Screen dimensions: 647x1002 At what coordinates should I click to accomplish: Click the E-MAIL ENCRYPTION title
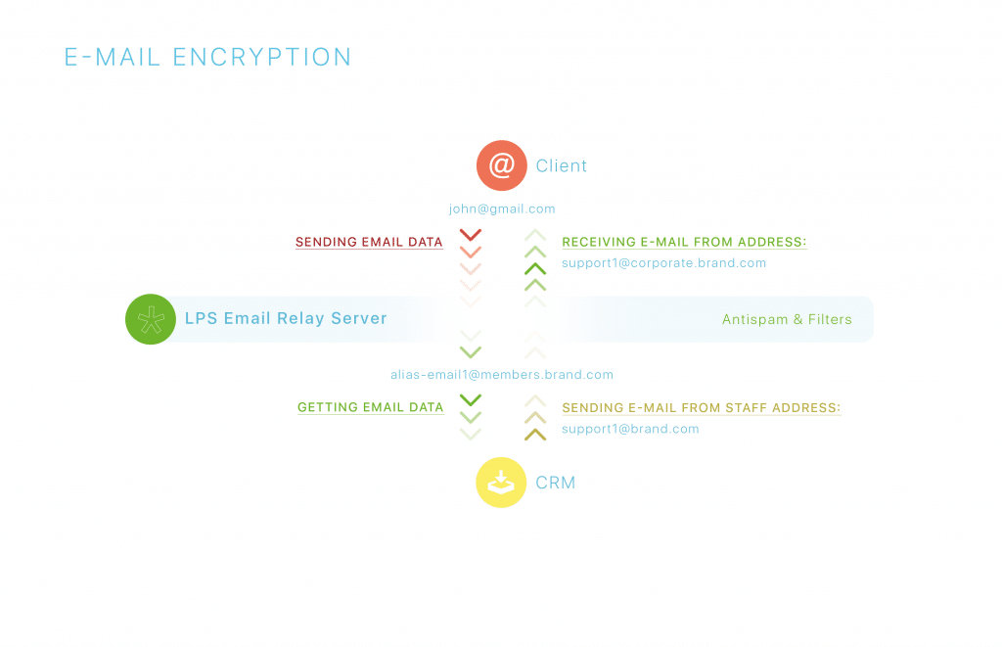(x=207, y=58)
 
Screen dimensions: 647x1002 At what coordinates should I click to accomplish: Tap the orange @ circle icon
(x=501, y=165)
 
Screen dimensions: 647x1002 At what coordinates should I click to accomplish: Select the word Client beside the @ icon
(x=562, y=166)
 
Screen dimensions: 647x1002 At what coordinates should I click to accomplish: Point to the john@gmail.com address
(x=502, y=208)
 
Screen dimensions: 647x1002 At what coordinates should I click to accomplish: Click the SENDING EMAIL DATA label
(x=369, y=242)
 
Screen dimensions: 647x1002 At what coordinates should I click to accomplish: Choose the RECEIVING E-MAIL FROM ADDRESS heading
(x=684, y=242)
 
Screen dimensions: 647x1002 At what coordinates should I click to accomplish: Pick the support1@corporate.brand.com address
(x=663, y=263)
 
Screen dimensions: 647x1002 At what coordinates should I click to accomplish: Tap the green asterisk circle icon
(x=151, y=319)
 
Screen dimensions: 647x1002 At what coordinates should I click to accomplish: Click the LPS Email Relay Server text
(x=286, y=318)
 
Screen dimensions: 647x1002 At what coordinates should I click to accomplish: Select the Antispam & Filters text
(x=787, y=319)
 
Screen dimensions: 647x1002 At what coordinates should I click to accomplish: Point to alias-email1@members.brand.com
(x=502, y=375)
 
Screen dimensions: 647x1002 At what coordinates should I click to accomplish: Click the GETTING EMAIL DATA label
(x=370, y=407)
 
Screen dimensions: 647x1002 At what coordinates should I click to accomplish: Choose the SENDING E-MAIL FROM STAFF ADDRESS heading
(x=701, y=407)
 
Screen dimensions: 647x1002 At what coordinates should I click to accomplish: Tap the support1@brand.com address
(x=630, y=429)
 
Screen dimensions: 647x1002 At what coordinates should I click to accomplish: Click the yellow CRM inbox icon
(x=501, y=483)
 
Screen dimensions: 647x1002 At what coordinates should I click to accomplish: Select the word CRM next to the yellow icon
(x=556, y=483)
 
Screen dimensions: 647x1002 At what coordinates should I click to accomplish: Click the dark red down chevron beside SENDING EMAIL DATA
(x=471, y=235)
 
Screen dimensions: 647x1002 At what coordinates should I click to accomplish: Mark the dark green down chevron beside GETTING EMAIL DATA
(x=471, y=399)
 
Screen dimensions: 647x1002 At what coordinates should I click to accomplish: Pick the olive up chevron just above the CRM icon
(x=534, y=434)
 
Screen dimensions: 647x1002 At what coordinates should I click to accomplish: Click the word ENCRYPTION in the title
(x=262, y=58)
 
